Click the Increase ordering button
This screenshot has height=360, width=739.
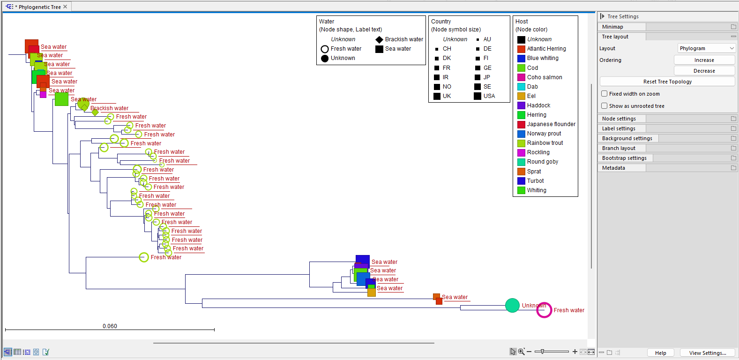click(704, 60)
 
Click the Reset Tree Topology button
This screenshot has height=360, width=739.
click(667, 82)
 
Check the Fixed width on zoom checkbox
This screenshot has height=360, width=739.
click(605, 94)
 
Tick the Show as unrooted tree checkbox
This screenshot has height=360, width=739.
click(605, 106)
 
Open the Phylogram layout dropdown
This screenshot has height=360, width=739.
click(707, 48)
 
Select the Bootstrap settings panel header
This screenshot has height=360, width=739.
click(624, 158)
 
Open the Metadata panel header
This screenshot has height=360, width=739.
click(613, 168)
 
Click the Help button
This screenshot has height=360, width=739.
click(660, 353)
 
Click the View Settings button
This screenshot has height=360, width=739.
click(707, 353)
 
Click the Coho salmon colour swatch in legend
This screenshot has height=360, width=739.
click(521, 77)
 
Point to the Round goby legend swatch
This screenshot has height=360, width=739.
click(521, 162)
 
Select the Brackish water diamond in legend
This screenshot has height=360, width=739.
click(379, 39)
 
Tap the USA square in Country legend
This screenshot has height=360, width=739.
click(478, 96)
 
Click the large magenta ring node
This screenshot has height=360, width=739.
click(544, 310)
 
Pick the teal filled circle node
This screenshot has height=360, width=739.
click(512, 305)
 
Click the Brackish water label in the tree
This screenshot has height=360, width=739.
click(109, 108)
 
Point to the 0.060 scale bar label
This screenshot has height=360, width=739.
click(110, 326)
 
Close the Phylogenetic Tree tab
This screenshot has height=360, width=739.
click(65, 7)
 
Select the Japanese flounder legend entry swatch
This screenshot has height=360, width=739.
click(521, 124)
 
